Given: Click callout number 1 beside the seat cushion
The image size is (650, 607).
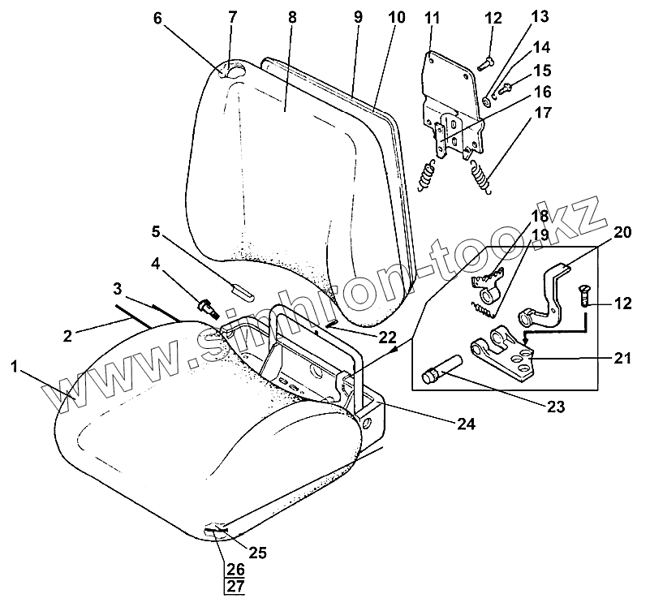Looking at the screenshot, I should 14,367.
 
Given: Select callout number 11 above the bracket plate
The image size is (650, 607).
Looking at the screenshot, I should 431,17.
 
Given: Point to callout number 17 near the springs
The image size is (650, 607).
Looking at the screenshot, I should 542,113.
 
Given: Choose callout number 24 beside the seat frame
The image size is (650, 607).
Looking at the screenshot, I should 465,423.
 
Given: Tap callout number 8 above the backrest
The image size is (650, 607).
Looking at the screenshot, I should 292,17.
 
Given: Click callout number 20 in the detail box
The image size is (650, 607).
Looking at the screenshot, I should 622,231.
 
